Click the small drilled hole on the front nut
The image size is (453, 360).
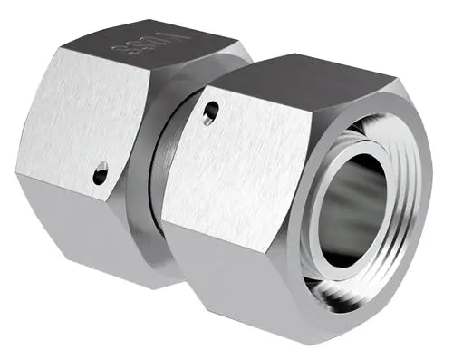click(210, 112)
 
